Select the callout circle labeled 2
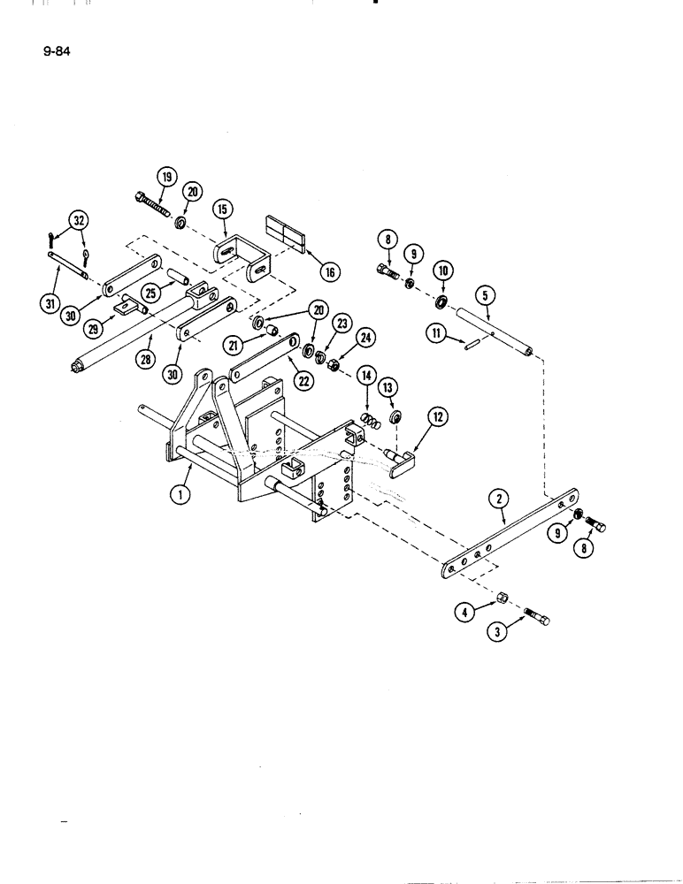pos(501,500)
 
